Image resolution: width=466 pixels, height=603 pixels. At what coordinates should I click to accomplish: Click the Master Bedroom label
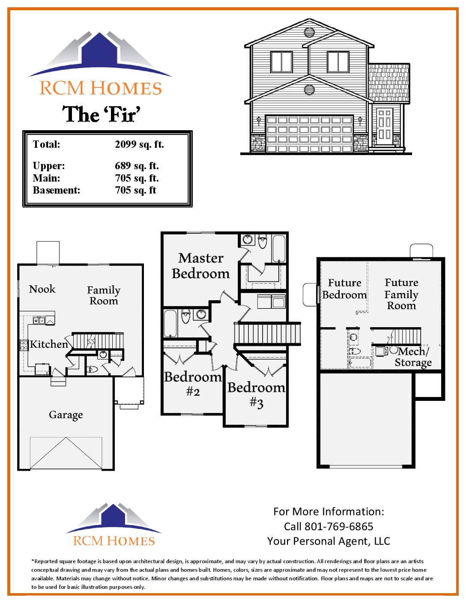click(200, 266)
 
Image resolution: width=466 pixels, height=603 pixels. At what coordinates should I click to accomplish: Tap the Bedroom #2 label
click(193, 384)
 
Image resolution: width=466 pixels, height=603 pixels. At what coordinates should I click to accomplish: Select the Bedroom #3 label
click(256, 394)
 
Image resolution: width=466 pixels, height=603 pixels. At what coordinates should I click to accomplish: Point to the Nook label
click(42, 289)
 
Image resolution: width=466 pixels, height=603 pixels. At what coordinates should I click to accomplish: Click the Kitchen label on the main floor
click(49, 344)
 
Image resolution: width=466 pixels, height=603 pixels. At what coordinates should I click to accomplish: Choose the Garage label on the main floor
click(66, 415)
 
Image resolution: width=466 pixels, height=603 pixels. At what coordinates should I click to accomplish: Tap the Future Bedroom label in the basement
click(344, 289)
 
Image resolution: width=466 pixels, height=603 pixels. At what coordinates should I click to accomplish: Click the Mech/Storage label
click(413, 357)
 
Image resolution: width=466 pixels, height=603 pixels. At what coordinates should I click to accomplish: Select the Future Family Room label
click(401, 294)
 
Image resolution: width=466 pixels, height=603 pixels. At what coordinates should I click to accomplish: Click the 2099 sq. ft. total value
click(139, 144)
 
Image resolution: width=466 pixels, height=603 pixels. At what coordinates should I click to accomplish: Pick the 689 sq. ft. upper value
click(137, 166)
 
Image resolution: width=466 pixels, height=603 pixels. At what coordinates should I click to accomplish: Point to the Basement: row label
click(57, 190)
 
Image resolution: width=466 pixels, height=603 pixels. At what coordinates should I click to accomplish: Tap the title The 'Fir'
click(102, 114)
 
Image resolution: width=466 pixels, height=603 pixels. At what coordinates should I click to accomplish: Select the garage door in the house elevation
click(309, 134)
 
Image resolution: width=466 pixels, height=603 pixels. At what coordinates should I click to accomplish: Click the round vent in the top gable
click(309, 32)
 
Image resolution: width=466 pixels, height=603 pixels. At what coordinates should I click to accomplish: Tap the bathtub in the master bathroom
click(279, 248)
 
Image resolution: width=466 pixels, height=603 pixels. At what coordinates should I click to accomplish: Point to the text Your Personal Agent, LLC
click(329, 541)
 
